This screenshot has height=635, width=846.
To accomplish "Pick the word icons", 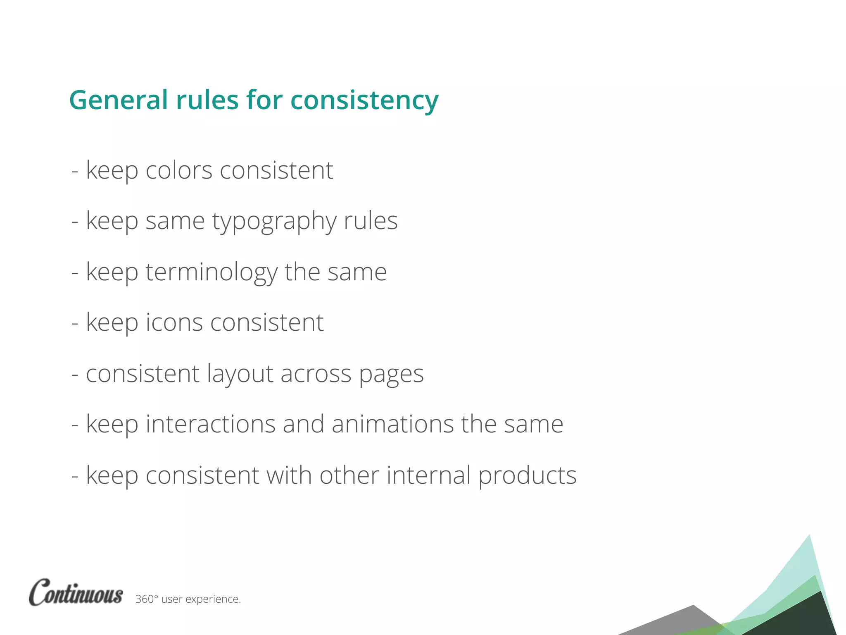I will point(174,322).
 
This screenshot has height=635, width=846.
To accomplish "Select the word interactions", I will point(211,424).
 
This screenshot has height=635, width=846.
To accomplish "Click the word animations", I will point(392,424).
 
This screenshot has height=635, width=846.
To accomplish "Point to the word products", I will point(528,475).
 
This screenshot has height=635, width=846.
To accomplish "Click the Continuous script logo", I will point(76,593).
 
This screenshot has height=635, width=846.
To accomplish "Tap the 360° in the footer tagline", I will point(147,599).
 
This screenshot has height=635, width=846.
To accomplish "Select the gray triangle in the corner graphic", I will point(682,620).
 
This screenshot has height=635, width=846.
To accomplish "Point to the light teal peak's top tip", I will point(809,536).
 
